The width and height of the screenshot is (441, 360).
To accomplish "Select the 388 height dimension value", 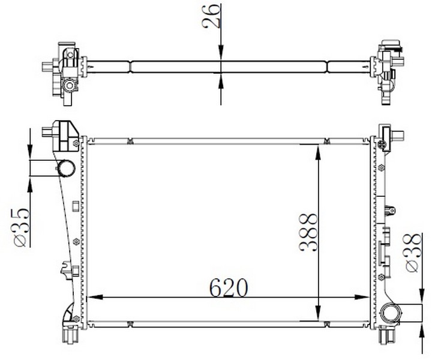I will pos(308,232).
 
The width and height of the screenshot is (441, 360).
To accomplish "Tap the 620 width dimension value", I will pos(228,288).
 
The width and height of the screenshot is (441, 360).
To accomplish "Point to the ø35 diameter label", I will pos(20,227).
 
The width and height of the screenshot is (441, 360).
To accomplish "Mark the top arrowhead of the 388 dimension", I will pos(318,151).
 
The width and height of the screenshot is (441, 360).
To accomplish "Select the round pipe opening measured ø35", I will pos(66,167).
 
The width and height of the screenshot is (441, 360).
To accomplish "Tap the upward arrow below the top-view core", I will pos(221,80).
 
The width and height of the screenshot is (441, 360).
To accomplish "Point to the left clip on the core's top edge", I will pos(130,142).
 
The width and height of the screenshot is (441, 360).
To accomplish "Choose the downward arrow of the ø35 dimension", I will pos(30,153).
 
